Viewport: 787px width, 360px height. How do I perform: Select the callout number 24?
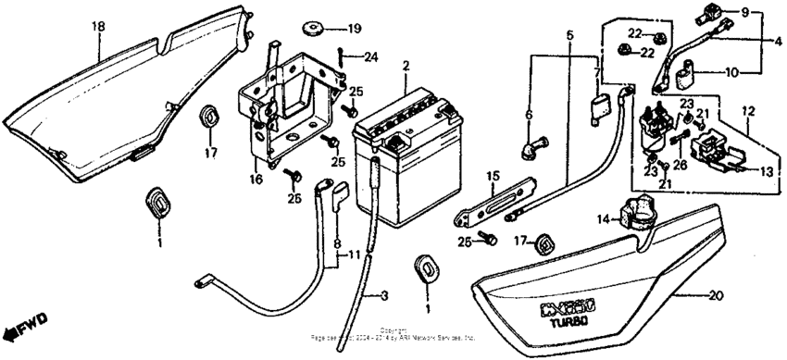coord(371,57)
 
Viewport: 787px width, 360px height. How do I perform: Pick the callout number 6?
coord(529,115)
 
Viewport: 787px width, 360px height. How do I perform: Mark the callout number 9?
coord(770,14)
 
